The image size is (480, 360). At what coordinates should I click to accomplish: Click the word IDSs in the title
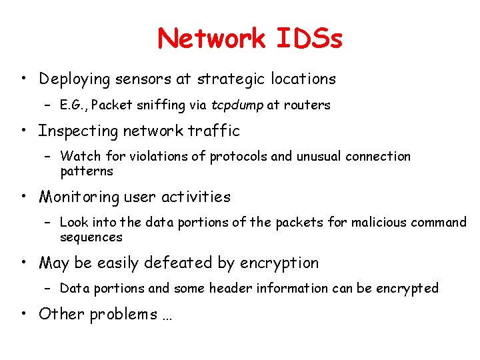(308, 39)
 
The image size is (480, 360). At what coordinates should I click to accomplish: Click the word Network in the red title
(211, 39)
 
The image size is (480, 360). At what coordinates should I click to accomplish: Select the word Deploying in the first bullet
(74, 79)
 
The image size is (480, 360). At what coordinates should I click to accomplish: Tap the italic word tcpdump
(237, 105)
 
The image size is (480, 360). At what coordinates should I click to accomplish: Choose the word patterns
(87, 171)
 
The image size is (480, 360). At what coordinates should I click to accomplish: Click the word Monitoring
(79, 197)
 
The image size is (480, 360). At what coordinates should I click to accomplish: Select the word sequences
(91, 237)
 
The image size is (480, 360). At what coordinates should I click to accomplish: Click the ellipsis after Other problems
(167, 316)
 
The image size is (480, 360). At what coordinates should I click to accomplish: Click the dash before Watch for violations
(48, 157)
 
